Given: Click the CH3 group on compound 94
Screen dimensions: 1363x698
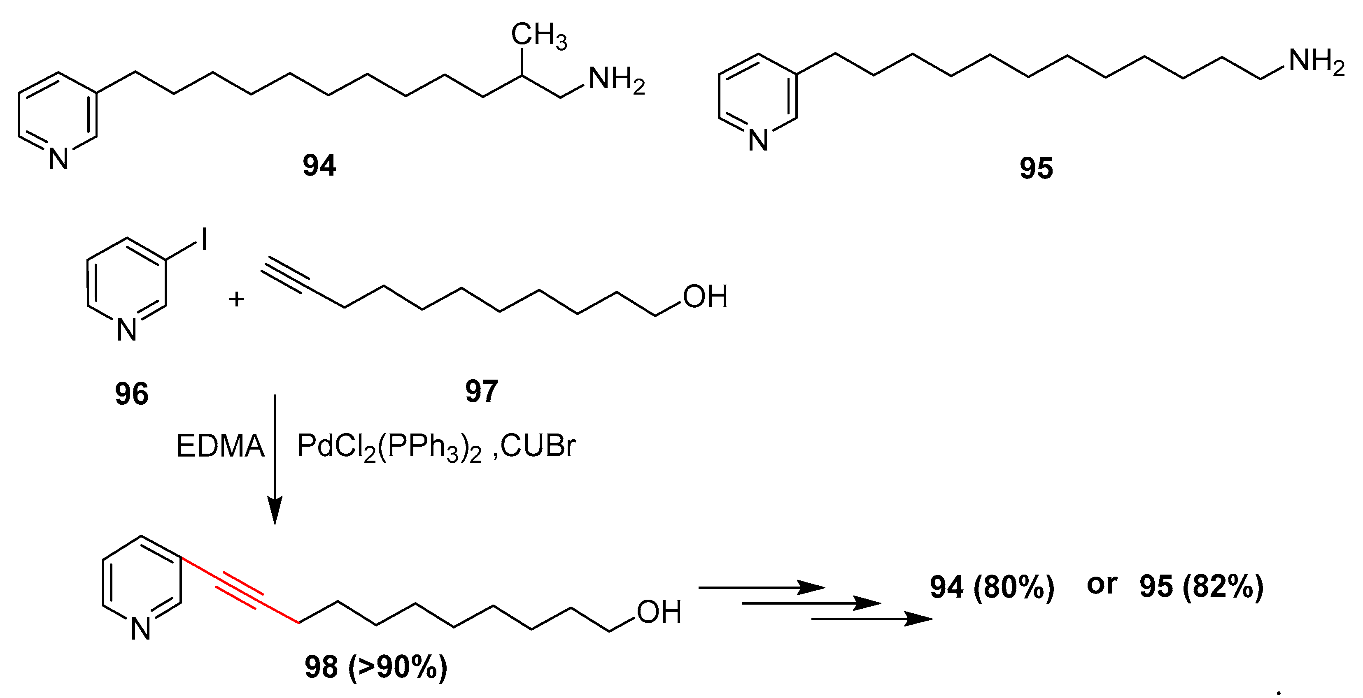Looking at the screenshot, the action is [x=538, y=36].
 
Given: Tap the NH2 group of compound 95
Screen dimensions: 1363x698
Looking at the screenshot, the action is [x=1316, y=62].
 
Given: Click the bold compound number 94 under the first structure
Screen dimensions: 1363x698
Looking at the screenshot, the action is [x=319, y=165].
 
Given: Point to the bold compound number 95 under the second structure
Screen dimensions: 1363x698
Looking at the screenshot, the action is [x=1036, y=169].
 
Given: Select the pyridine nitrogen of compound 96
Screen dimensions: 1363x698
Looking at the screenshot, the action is [x=127, y=330].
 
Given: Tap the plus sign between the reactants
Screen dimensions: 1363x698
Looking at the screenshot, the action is [x=237, y=299].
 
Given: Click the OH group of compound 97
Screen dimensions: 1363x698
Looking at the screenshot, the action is [x=705, y=297].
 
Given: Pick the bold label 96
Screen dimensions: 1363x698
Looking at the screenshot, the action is [x=132, y=394].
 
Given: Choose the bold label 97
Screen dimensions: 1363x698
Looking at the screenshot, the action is [x=482, y=391].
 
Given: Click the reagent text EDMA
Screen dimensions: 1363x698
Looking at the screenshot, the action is [x=220, y=446].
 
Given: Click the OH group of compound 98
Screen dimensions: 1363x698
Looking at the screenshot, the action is [x=659, y=612].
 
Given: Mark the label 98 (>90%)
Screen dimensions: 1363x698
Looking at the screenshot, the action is [x=376, y=667].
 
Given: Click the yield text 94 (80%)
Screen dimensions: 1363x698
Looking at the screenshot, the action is [x=992, y=587].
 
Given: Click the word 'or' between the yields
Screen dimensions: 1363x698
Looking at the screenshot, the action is [x=1102, y=584].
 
